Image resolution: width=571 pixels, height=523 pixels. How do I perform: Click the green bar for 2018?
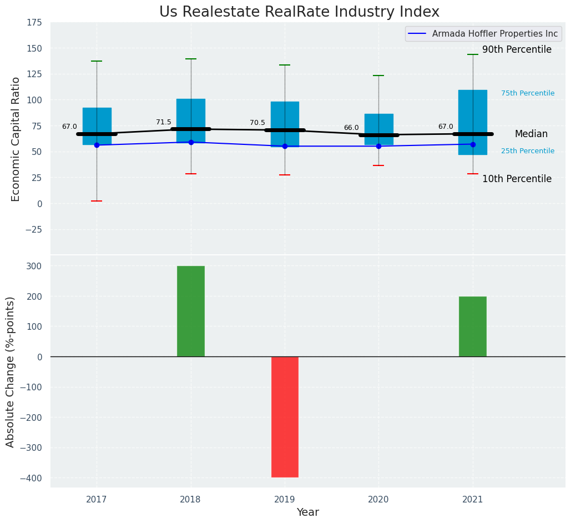190,311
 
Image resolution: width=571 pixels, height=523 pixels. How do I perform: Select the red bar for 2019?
285,416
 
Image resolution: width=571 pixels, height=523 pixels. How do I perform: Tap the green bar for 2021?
472,326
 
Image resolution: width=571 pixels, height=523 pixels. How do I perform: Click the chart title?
299,12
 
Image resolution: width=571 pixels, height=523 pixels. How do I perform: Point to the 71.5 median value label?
164,122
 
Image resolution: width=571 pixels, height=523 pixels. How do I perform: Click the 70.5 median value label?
257,123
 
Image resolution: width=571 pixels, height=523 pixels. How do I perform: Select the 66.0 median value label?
351,128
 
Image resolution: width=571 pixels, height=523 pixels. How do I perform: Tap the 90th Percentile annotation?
517,49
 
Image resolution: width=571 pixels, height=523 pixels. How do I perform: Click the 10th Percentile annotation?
517,179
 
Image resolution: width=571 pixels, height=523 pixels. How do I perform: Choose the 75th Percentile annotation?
528,93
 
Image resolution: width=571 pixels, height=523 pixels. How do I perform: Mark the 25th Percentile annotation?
528,151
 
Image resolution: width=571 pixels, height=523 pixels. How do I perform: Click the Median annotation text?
531,134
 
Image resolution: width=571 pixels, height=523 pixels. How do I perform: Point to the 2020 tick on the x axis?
378,500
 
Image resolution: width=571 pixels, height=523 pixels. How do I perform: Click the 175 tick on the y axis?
34,22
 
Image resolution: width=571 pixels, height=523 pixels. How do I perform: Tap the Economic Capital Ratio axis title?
16,139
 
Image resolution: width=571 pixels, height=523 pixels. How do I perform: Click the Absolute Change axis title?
11,371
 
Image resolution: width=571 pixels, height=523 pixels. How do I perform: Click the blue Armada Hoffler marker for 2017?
97,145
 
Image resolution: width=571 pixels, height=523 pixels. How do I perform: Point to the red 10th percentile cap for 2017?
97,201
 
